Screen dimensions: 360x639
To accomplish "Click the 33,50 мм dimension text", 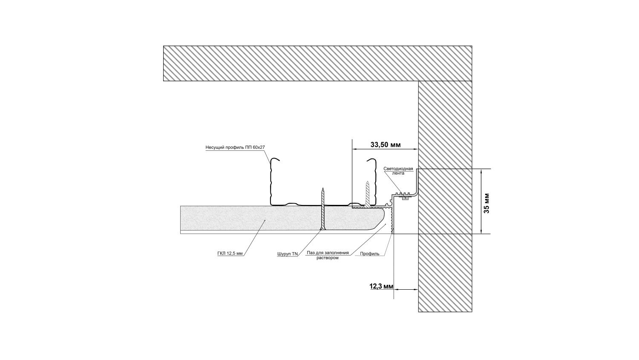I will click(x=385, y=144).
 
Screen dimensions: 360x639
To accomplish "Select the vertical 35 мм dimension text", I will click(x=486, y=203).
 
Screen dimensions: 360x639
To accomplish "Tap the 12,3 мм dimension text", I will click(x=381, y=287).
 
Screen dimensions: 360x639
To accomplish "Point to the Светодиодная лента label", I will click(x=398, y=171).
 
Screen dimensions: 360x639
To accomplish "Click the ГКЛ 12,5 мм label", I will click(x=230, y=253).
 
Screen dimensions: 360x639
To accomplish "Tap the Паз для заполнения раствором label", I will click(x=328, y=255).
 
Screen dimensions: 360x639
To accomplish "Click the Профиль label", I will click(x=369, y=254).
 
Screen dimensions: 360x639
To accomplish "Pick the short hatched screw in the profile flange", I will click(x=367, y=194).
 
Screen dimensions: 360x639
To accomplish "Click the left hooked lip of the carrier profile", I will click(x=276, y=161).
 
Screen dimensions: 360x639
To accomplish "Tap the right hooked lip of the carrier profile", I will click(x=371, y=161).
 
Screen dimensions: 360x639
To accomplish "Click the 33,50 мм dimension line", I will click(x=385, y=149).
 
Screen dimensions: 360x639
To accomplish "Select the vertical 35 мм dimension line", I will click(x=482, y=202).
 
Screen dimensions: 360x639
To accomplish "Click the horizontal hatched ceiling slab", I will click(x=317, y=63).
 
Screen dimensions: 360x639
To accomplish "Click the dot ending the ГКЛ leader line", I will click(x=265, y=220).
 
